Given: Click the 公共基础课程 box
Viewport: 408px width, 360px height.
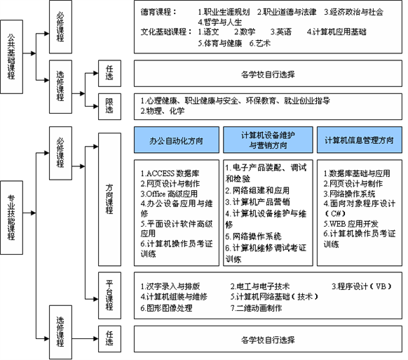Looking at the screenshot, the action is [x=11, y=57].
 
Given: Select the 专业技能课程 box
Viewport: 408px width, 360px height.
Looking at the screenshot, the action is [x=11, y=218].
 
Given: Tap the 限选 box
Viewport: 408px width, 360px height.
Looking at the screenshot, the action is [x=109, y=106].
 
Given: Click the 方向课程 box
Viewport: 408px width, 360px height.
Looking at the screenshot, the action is [x=109, y=199].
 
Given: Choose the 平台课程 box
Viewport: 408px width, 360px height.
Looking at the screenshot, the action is [x=109, y=295].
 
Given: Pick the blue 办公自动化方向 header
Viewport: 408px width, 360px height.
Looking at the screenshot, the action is [x=177, y=140].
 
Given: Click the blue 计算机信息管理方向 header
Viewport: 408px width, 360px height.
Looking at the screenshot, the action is [x=360, y=140].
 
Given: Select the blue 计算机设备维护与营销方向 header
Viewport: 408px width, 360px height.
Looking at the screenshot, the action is [x=268, y=140].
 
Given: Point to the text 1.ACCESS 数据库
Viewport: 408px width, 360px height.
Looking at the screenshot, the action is [x=170, y=173].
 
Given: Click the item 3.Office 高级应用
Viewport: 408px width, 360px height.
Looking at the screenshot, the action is [x=169, y=194].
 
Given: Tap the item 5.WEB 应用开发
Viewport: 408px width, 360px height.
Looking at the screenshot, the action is [x=351, y=223].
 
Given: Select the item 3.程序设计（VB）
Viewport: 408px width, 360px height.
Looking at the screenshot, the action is [x=362, y=286].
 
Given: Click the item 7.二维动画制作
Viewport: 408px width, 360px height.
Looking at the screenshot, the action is [x=256, y=308].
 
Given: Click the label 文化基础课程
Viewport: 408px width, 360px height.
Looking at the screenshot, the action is [x=166, y=32].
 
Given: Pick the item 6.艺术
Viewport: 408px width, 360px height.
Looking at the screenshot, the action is [x=260, y=43].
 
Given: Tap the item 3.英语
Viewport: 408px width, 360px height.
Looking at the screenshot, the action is [x=281, y=32].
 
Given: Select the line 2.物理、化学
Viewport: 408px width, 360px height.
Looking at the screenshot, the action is [x=163, y=111].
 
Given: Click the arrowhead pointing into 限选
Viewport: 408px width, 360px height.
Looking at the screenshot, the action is [x=95, y=106].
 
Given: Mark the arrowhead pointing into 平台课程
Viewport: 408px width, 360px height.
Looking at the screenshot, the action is [x=95, y=299].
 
